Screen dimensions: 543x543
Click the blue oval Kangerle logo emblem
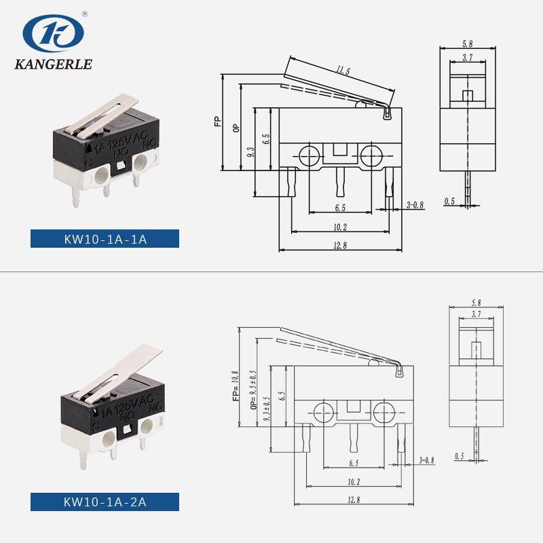54,33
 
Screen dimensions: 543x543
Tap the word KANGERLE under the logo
54,64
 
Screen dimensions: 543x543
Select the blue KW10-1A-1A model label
105,239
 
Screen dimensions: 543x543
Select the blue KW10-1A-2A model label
105,502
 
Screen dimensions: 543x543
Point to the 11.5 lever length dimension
343,71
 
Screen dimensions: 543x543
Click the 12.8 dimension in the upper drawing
340,246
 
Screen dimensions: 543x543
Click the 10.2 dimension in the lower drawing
354,482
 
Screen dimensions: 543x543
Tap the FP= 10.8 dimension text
236,386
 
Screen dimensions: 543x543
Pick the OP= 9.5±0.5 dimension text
253,390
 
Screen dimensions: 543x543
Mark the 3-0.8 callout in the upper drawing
415,205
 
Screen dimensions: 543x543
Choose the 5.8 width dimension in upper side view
468,44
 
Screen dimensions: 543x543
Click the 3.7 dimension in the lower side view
476,314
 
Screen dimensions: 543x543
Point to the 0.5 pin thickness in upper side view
449,201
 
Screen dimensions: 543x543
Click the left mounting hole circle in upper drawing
310,156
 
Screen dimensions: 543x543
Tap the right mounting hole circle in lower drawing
384,413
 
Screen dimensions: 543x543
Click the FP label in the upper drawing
217,121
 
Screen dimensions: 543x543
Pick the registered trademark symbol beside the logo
85,14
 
